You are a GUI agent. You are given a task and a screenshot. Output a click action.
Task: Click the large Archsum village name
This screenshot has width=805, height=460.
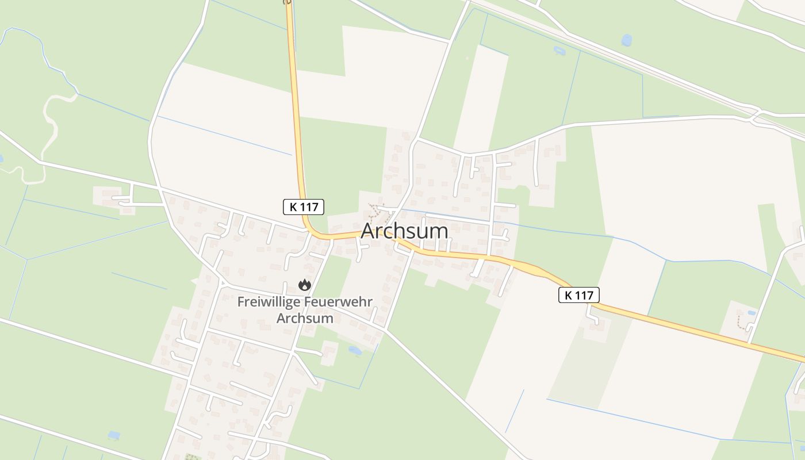coord(404,231)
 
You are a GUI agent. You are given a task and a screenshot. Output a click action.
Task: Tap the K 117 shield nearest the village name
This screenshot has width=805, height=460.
coord(304,207)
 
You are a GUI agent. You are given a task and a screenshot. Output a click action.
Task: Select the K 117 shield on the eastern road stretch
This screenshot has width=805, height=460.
coord(579,295)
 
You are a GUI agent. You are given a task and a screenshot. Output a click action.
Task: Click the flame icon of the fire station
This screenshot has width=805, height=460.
coord(304,285)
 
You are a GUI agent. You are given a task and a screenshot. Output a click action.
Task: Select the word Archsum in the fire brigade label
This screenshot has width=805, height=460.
coord(305,318)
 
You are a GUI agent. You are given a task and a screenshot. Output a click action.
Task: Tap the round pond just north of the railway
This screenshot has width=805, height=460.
coord(626,40)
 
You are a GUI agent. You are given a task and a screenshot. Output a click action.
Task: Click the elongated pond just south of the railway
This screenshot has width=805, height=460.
coord(559,51)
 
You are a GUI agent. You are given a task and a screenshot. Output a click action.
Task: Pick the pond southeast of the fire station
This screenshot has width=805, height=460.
coord(355,350)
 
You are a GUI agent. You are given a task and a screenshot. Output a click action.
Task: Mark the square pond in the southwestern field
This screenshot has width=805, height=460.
coord(114,435)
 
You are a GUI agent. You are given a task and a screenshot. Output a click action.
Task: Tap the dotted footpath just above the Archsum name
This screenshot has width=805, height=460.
coord(377,213)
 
